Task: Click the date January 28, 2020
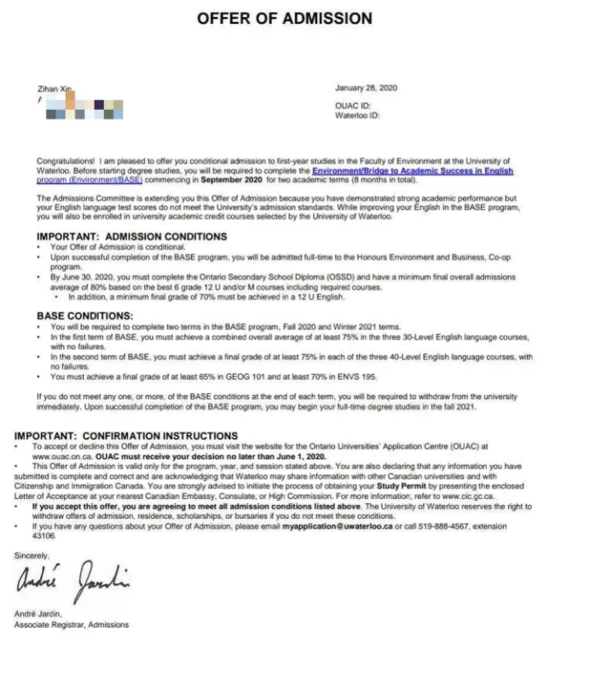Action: pyautogui.click(x=367, y=89)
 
